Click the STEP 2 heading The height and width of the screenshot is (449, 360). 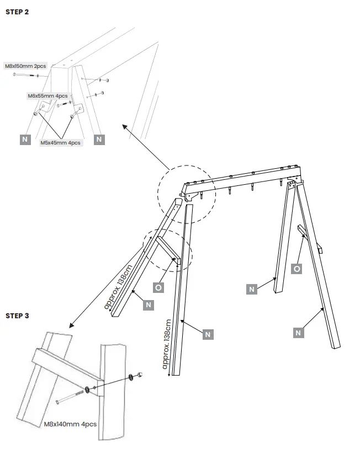[17, 12]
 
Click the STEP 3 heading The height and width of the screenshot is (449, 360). [17, 316]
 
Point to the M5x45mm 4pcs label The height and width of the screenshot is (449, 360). [60, 142]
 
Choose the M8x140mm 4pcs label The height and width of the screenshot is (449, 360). [70, 424]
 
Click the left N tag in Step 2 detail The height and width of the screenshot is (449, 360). [24, 140]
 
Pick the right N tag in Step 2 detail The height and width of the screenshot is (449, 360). [99, 140]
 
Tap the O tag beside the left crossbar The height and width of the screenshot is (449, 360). [158, 287]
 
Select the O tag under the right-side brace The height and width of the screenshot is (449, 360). [297, 269]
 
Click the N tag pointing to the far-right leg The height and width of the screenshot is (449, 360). [298, 333]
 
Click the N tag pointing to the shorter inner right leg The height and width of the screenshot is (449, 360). [252, 289]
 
